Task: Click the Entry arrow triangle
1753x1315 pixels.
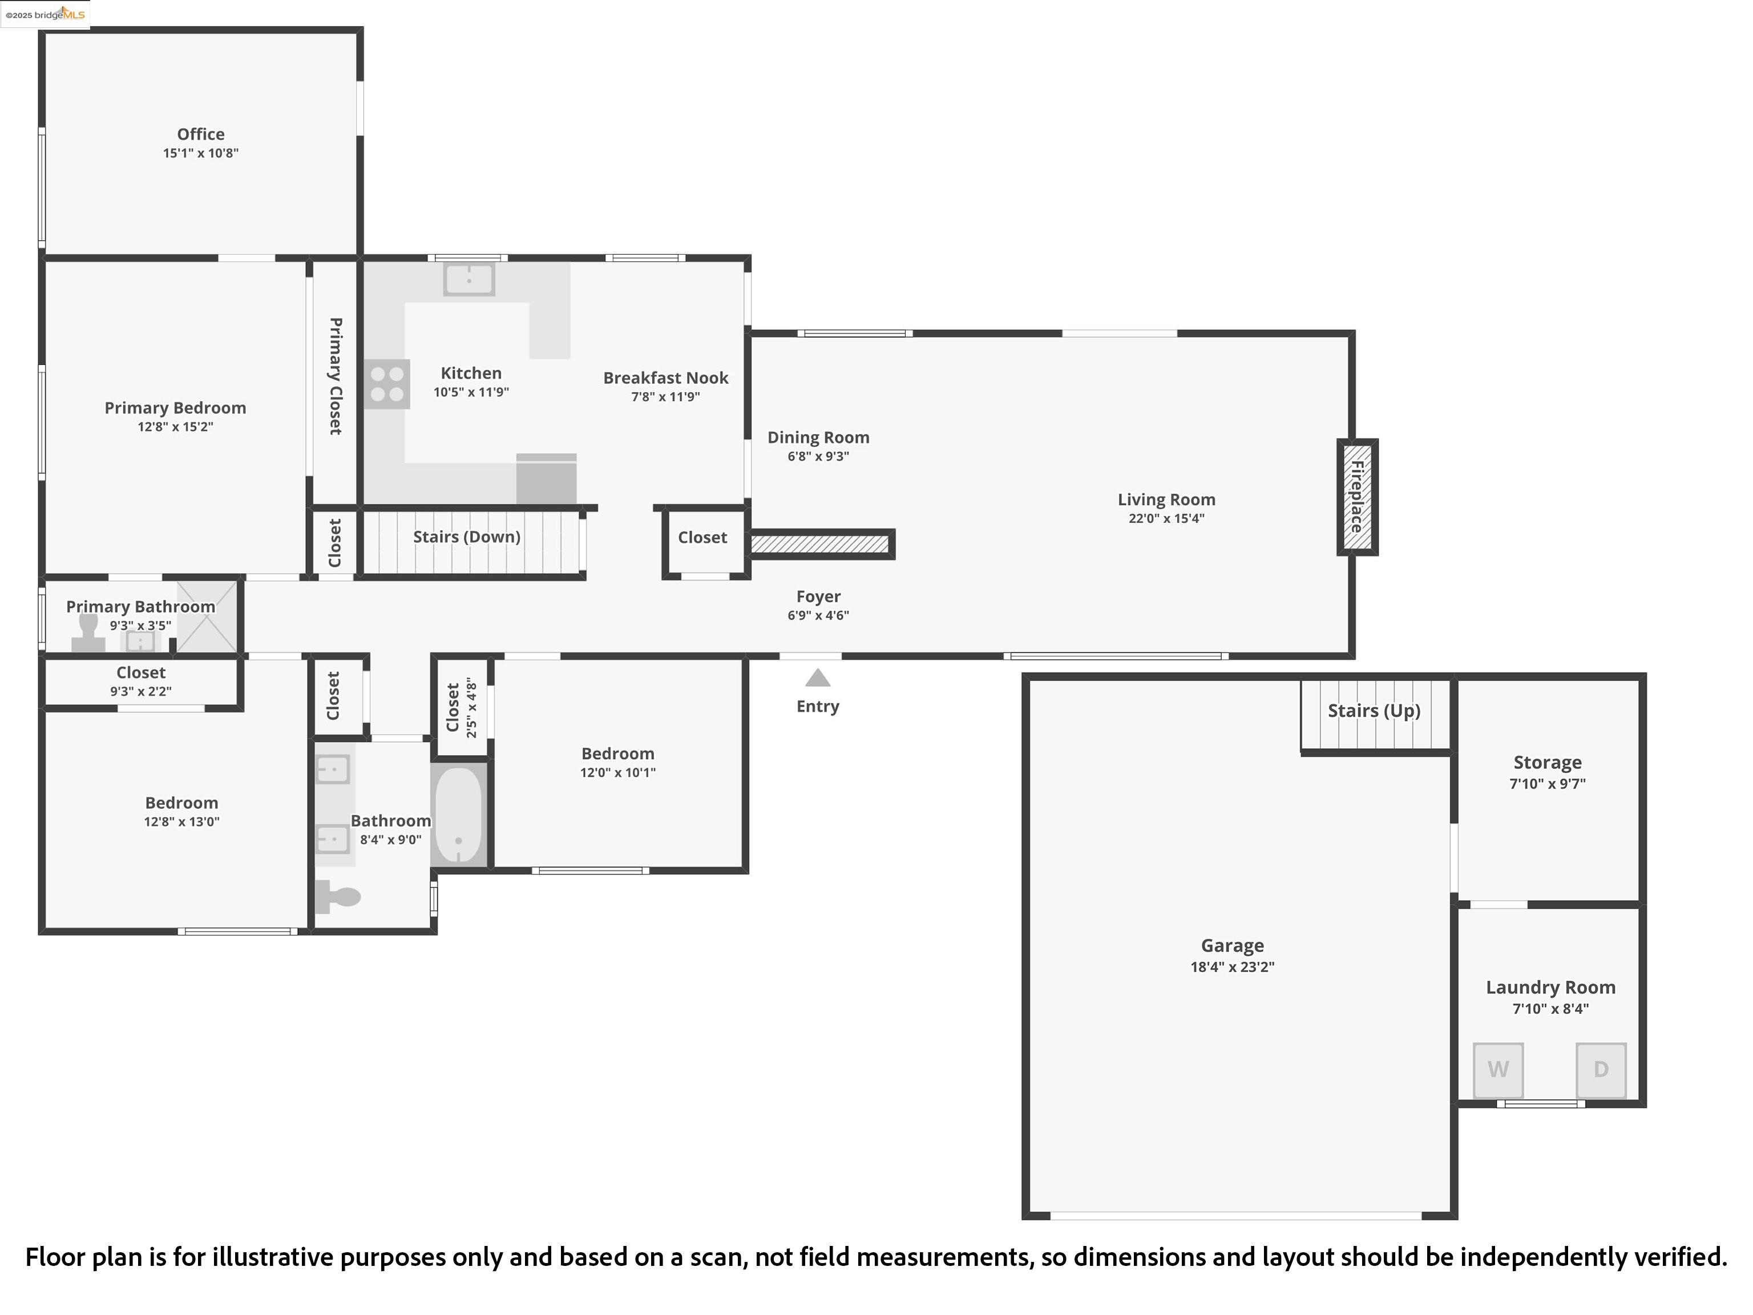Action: (x=817, y=679)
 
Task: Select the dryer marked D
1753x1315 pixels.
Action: (x=1600, y=1069)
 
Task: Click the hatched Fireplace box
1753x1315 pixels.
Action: (x=1357, y=497)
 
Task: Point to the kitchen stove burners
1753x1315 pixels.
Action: (x=387, y=385)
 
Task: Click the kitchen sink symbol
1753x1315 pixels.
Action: (x=469, y=280)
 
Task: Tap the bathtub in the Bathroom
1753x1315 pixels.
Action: (x=458, y=815)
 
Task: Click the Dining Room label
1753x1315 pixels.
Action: (x=818, y=438)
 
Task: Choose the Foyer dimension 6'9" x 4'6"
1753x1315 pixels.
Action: (x=818, y=615)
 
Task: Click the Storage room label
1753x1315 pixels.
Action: (x=1547, y=763)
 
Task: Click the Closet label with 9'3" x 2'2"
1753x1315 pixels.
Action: (x=140, y=673)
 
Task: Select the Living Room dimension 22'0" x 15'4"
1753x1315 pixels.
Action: (x=1166, y=518)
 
